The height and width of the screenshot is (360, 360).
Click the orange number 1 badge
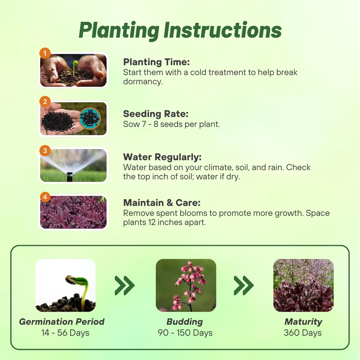(45, 53)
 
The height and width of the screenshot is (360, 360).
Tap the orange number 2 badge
(45, 102)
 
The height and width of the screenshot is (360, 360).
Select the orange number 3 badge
(45, 151)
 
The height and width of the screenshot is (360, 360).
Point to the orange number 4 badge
(45, 197)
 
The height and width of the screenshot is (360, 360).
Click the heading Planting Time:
(156, 62)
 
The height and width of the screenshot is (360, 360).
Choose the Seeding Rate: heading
(156, 114)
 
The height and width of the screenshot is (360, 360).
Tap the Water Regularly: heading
(162, 157)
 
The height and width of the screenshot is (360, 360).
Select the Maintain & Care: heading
(162, 203)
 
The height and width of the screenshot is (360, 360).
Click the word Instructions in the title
(222, 30)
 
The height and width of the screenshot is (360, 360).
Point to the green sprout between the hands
(75, 67)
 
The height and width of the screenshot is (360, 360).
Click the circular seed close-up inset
(90, 118)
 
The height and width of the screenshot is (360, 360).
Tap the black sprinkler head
(70, 177)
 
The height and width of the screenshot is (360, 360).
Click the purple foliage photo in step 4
(73, 212)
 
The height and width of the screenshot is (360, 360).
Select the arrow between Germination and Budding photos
(124, 285)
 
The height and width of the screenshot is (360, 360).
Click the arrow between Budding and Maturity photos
(244, 285)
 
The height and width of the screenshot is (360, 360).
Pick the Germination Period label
(62, 322)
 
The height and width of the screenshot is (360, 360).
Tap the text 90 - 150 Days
(185, 333)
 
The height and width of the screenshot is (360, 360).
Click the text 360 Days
(303, 333)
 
